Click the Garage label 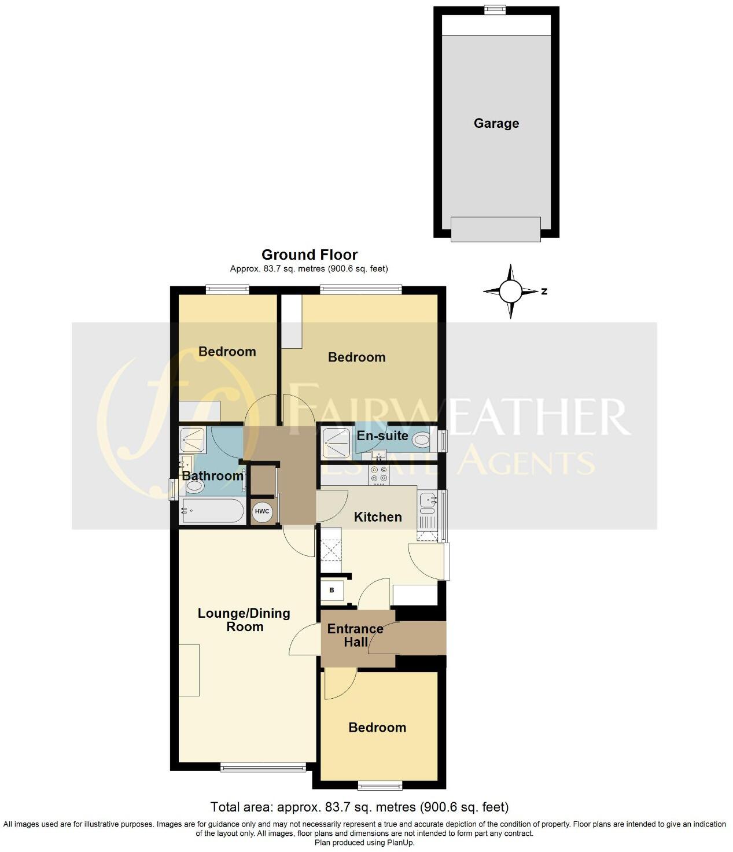[x=496, y=123]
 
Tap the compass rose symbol [x=510, y=292]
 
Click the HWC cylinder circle [x=262, y=511]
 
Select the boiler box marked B [x=332, y=591]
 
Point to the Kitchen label [x=377, y=517]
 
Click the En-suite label [x=382, y=436]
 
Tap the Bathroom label [x=212, y=476]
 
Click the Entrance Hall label [x=355, y=635]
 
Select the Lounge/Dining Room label [x=244, y=620]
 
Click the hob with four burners [x=380, y=474]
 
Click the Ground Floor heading [x=310, y=255]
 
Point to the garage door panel [x=495, y=229]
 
